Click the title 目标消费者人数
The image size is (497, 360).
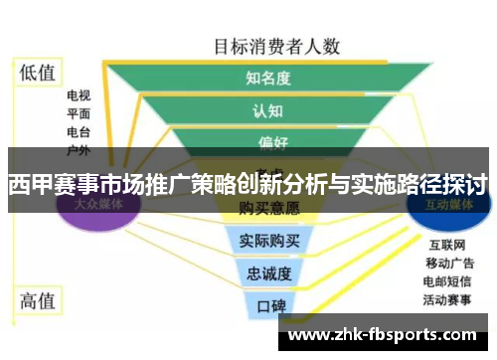277,45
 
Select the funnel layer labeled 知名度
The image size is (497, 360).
267,76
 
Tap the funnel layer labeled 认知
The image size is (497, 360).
267,109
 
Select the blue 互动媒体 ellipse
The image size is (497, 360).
450,204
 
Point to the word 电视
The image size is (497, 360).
80,96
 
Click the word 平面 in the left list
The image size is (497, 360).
80,114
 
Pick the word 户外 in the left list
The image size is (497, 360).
80,150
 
